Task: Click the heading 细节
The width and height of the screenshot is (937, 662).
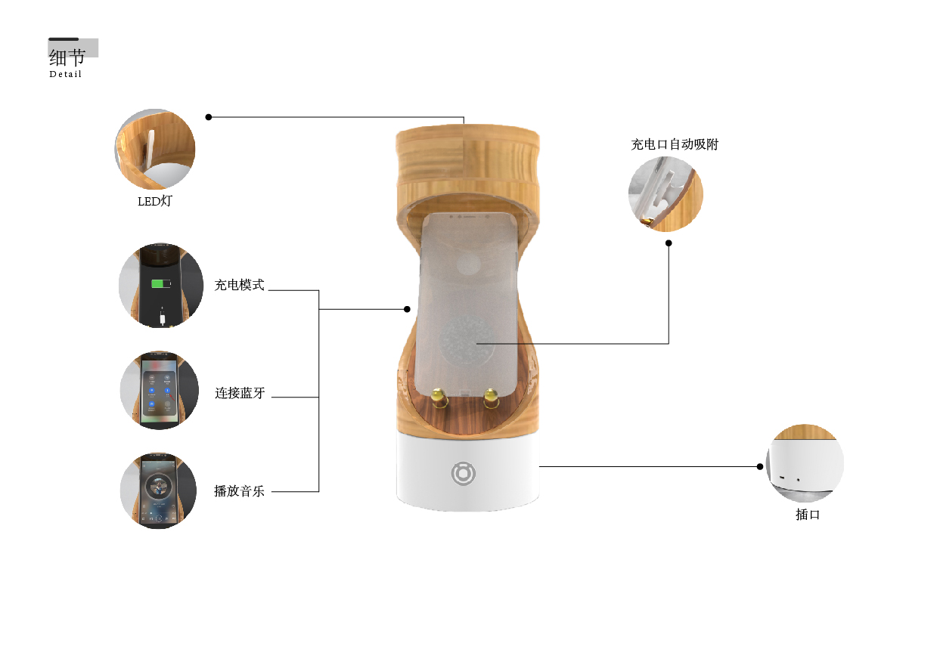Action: pyautogui.click(x=67, y=57)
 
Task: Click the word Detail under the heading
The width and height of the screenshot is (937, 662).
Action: pyautogui.click(x=65, y=74)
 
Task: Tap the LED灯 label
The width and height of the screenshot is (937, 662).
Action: pyautogui.click(x=154, y=201)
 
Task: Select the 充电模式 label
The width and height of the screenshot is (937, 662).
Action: pyautogui.click(x=239, y=285)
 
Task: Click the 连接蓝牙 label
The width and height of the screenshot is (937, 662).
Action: pyautogui.click(x=240, y=393)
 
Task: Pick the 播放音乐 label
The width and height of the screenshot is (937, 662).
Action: pyautogui.click(x=239, y=490)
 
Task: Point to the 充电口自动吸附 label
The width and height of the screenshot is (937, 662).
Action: pyautogui.click(x=675, y=144)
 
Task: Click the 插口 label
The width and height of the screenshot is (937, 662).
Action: pyautogui.click(x=808, y=515)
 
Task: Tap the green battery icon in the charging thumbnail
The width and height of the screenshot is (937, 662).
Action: pyautogui.click(x=161, y=284)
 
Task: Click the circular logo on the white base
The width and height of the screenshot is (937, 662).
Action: pyautogui.click(x=463, y=473)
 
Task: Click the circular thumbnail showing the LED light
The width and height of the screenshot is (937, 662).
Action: pyautogui.click(x=155, y=149)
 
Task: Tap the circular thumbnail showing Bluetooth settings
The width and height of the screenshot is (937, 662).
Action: pyautogui.click(x=160, y=390)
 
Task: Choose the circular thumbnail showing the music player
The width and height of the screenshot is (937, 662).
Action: pyautogui.click(x=159, y=490)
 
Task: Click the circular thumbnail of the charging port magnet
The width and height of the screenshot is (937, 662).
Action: pyautogui.click(x=666, y=194)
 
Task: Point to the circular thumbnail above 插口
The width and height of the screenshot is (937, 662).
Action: pyautogui.click(x=805, y=463)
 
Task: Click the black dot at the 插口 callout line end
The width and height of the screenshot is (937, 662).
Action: pyautogui.click(x=760, y=466)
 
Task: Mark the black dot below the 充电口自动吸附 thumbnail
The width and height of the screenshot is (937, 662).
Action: pyautogui.click(x=669, y=243)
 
